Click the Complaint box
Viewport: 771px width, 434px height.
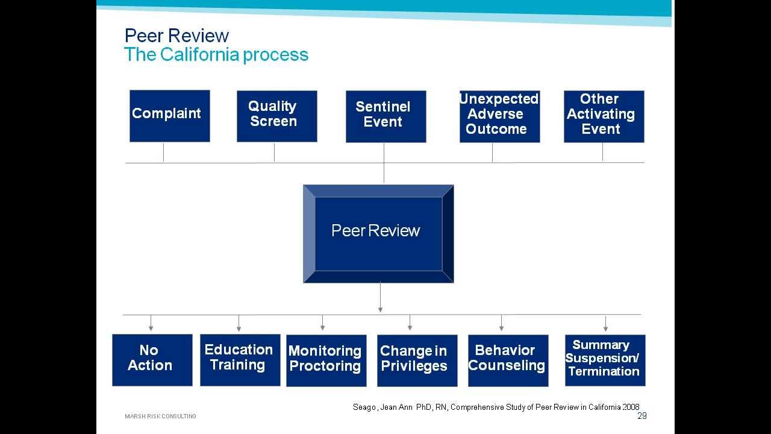169,116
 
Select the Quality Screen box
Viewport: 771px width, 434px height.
276,116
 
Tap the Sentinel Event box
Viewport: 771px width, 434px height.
385,116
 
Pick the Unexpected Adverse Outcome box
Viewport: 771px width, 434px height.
499,116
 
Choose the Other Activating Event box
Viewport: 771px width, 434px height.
604,116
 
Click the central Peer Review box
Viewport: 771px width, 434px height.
378,233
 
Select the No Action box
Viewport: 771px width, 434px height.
152,360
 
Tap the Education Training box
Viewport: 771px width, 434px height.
240,360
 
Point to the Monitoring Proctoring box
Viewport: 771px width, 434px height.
326,360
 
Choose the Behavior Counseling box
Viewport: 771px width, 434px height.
508,360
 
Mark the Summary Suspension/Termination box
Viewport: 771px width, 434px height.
605,360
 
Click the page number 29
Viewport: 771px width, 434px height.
642,416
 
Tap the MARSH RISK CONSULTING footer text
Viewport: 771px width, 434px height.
160,417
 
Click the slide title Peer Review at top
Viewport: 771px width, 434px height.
176,36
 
